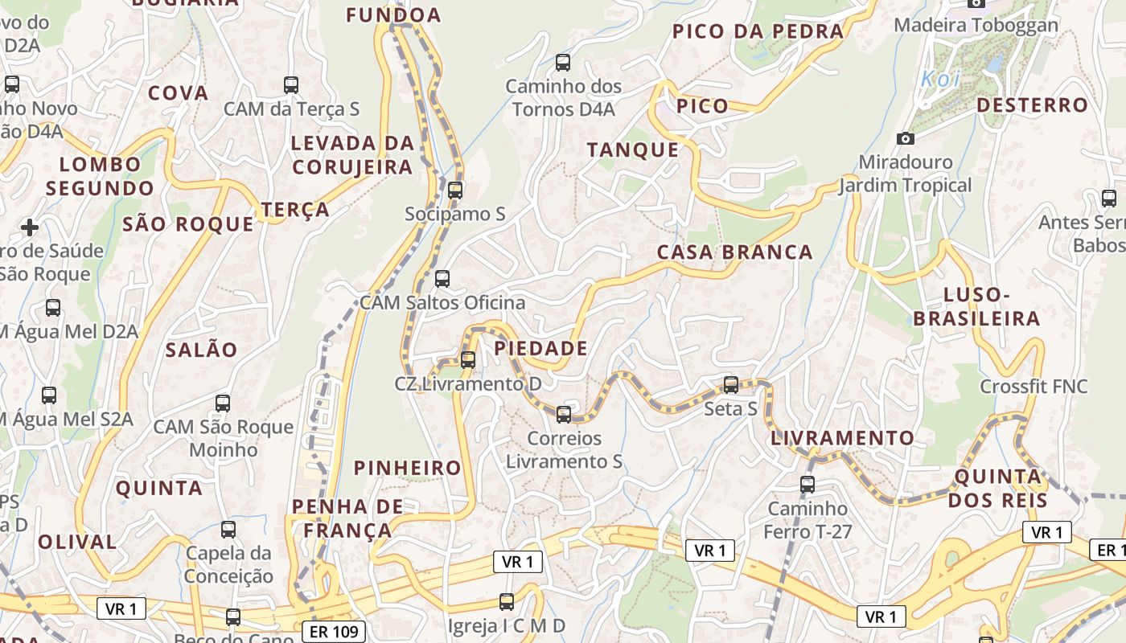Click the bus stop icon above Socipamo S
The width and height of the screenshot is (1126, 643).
pyautogui.click(x=455, y=190)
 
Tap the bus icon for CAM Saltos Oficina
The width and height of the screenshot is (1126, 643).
pyautogui.click(x=442, y=279)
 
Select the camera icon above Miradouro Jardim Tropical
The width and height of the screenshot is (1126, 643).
pyautogui.click(x=906, y=138)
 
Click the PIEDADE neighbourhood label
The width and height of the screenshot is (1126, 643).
pyautogui.click(x=540, y=349)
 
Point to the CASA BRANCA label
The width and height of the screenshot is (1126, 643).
pyautogui.click(x=735, y=252)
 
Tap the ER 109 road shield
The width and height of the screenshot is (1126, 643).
pyautogui.click(x=334, y=632)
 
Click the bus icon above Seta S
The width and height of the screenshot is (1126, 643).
pyautogui.click(x=731, y=385)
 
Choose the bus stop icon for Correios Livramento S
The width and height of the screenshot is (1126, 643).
pyautogui.click(x=564, y=415)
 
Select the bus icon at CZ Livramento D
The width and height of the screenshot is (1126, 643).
pyautogui.click(x=468, y=360)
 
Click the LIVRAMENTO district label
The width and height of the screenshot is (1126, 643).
pyautogui.click(x=843, y=439)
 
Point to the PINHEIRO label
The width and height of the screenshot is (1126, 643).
pyautogui.click(x=408, y=468)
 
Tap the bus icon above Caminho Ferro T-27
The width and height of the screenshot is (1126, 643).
pyautogui.click(x=808, y=485)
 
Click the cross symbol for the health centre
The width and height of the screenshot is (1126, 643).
pyautogui.click(x=30, y=227)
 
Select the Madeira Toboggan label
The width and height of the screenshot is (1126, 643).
pyautogui.click(x=976, y=25)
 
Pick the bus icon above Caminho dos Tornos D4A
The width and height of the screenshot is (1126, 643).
pyautogui.click(x=563, y=62)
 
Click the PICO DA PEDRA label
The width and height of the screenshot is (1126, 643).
pyautogui.click(x=758, y=31)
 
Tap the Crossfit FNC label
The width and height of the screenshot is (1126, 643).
pyautogui.click(x=1034, y=387)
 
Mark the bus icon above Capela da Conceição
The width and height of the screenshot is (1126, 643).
pyautogui.click(x=228, y=530)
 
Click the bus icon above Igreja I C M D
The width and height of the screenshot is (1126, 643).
pyautogui.click(x=507, y=602)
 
